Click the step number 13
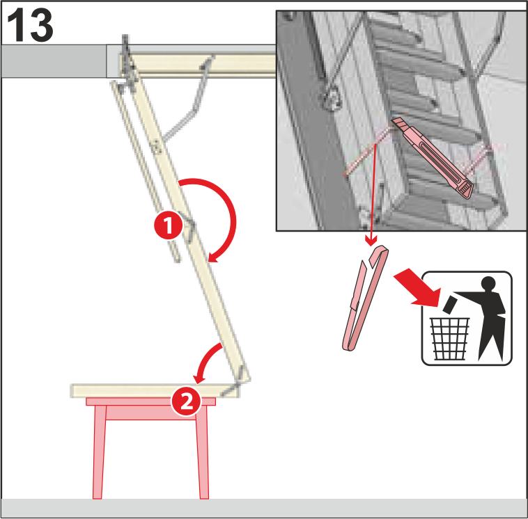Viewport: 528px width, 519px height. click(30, 25)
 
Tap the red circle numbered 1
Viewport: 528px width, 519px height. click(168, 225)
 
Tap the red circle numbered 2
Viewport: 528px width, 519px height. click(186, 401)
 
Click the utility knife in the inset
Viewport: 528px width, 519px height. click(433, 157)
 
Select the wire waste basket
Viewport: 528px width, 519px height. click(449, 339)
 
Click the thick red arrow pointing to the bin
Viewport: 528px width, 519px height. click(418, 287)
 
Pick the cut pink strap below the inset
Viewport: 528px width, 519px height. click(365, 298)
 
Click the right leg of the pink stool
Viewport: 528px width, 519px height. click(203, 452)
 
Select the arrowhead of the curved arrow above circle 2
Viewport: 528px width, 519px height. click(199, 378)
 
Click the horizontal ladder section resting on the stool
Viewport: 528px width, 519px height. click(155, 391)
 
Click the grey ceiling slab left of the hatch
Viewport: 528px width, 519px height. click(54, 61)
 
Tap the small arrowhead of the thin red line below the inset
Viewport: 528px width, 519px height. click(371, 241)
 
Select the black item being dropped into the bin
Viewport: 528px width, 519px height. click(449, 305)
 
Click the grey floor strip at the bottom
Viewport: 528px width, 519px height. click(264, 508)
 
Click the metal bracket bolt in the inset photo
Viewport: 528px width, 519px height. click(332, 97)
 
